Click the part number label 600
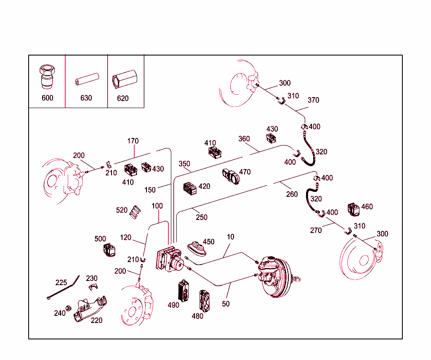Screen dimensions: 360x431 coord(48,98)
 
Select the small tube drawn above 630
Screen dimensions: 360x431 coord(86,79)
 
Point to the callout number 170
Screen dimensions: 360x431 coord(133,141)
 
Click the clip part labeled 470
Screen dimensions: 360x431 coord(230,176)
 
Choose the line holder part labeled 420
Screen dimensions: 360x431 coord(190,189)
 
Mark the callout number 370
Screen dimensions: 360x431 coord(313,100)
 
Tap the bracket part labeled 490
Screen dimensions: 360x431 coord(184,290)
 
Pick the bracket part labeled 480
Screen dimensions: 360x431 coord(205,299)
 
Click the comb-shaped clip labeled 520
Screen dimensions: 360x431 coord(135,212)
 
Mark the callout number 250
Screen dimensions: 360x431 coord(202,217)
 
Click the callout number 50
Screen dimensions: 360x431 coord(226,303)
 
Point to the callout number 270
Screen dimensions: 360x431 coord(316,230)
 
